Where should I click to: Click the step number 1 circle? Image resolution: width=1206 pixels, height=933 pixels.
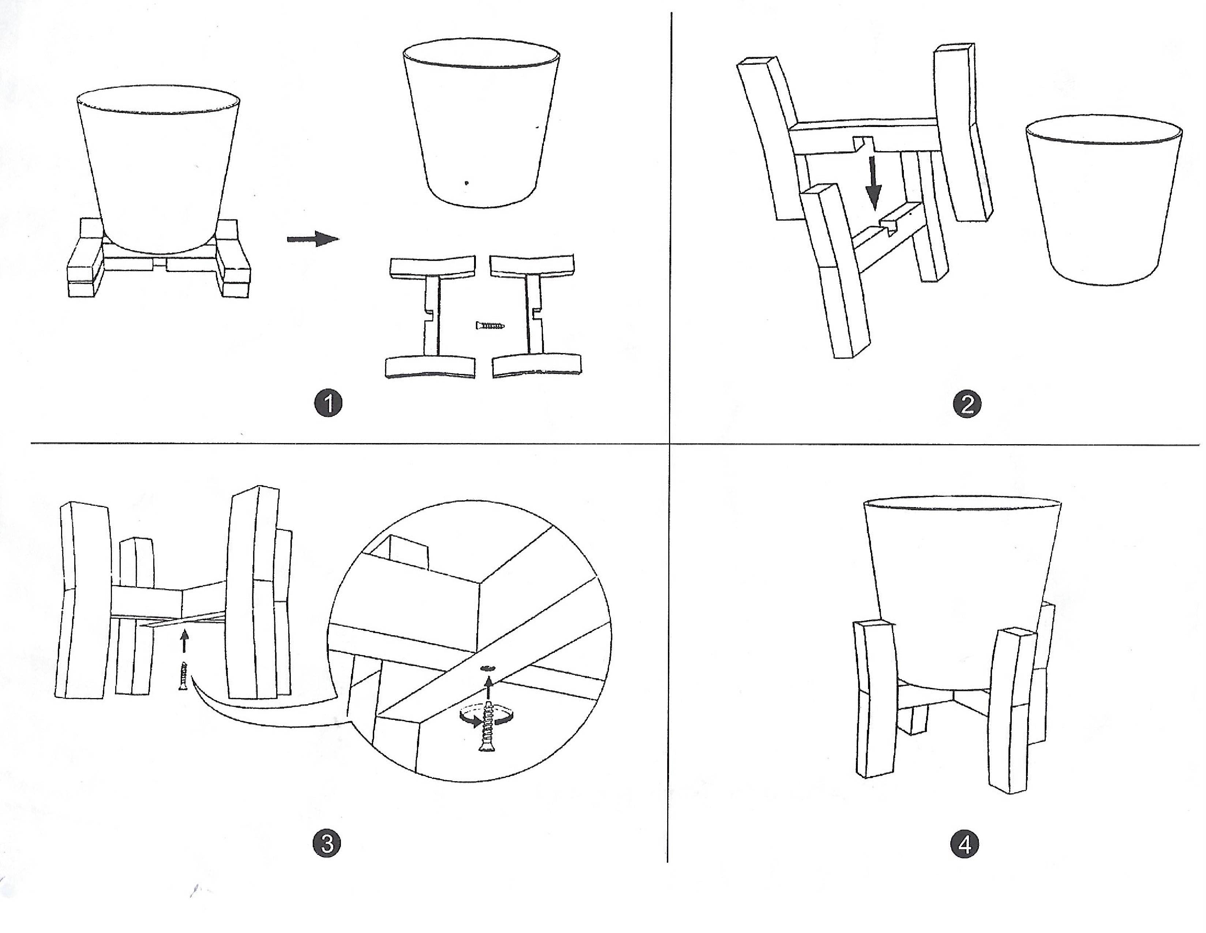tap(328, 403)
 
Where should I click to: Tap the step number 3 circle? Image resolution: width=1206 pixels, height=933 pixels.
tap(327, 844)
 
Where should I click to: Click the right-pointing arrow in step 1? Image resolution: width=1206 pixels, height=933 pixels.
tap(312, 239)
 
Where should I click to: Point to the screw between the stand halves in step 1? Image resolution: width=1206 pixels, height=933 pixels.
tap(490, 326)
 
